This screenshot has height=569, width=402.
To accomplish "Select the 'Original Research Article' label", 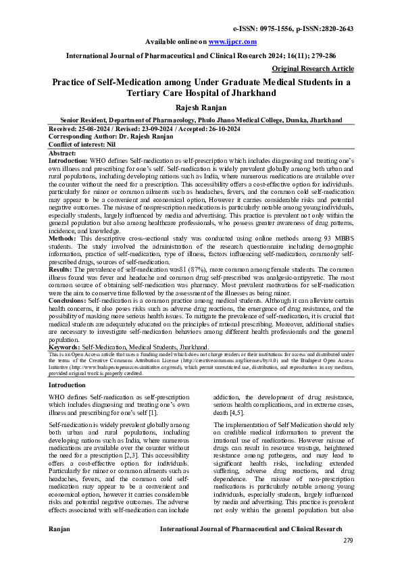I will point(313,69).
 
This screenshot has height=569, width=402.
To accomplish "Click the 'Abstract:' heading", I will point(63,153).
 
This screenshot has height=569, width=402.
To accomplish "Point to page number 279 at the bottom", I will point(348,540).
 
